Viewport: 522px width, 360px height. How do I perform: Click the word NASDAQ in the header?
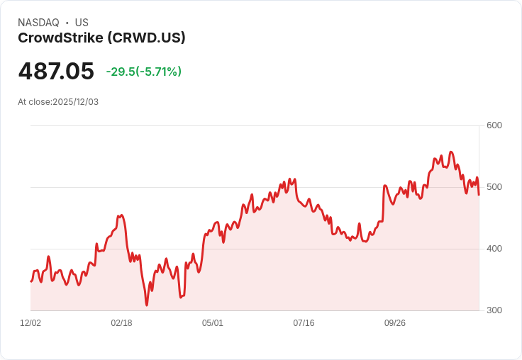38,23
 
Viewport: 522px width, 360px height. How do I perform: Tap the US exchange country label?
82,23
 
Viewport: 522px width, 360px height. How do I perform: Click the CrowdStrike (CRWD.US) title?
101,38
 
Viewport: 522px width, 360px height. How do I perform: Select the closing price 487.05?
56,72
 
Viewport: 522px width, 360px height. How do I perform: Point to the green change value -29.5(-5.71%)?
143,72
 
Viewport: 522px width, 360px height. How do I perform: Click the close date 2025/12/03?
75,102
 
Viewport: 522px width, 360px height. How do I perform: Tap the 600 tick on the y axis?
494,125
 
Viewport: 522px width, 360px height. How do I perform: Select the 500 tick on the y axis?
494,187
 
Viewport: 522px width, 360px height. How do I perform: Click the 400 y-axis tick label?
494,249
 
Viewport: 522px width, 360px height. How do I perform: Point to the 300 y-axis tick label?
494,310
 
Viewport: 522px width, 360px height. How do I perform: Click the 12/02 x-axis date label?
30,323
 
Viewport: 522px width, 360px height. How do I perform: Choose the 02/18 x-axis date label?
121,323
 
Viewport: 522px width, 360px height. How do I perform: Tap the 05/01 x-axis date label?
213,323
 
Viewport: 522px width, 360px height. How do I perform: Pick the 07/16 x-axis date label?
304,323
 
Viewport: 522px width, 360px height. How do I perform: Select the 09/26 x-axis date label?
395,323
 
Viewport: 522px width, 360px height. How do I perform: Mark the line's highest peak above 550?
451,152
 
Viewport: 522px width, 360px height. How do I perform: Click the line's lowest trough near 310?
147,305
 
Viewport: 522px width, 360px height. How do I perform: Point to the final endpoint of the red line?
479,195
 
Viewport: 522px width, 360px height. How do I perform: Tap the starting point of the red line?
30,281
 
